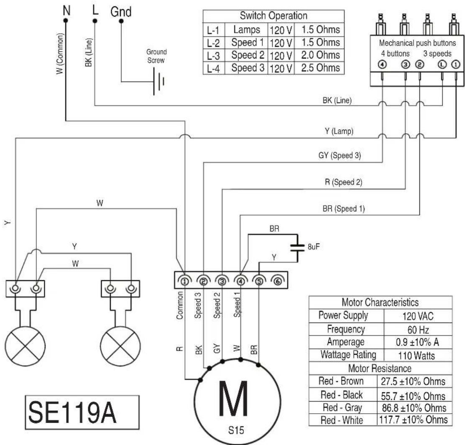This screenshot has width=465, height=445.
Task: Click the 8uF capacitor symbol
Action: pyautogui.click(x=297, y=248)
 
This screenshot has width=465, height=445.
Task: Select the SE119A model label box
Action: pyautogui.click(x=82, y=412)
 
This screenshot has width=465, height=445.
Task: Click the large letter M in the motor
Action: pyautogui.click(x=233, y=399)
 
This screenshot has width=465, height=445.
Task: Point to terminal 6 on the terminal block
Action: pyautogui.click(x=278, y=280)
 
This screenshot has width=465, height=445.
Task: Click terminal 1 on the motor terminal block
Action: pyautogui.click(x=185, y=280)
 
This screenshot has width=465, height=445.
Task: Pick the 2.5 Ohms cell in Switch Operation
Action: pyautogui.click(x=319, y=68)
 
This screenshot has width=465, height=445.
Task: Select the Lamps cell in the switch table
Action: pyautogui.click(x=247, y=30)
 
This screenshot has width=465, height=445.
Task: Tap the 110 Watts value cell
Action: pyautogui.click(x=418, y=355)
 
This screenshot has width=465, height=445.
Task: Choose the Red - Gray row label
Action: pyautogui.click(x=342, y=408)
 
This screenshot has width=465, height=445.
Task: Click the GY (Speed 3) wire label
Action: pyautogui.click(x=340, y=155)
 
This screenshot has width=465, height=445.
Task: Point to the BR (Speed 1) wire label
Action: pyautogui.click(x=344, y=209)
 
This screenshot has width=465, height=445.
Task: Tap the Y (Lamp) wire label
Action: pyautogui.click(x=339, y=131)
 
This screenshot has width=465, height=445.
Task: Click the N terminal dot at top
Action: pyautogui.click(x=66, y=20)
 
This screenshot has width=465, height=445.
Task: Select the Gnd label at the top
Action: pyautogui.click(x=121, y=12)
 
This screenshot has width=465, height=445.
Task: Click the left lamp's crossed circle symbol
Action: pyautogui.click(x=25, y=346)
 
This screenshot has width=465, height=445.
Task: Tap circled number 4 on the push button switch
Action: pyautogui.click(x=382, y=64)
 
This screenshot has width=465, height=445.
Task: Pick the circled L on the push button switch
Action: pyautogui.click(x=442, y=64)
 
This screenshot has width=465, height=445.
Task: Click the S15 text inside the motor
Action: pyautogui.click(x=236, y=430)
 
